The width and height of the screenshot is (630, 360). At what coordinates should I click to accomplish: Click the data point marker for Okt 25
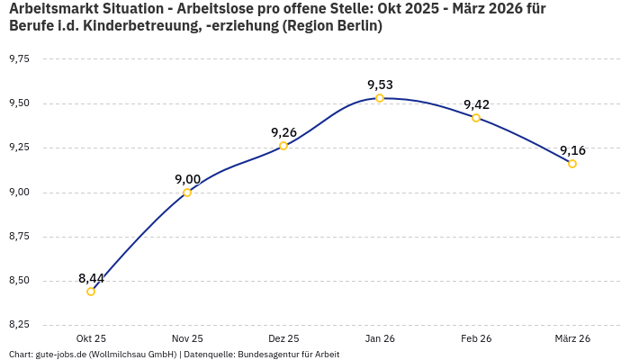[91, 292]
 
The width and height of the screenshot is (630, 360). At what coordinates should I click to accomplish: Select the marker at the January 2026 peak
[380, 98]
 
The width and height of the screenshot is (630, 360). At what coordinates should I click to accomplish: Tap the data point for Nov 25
[187, 193]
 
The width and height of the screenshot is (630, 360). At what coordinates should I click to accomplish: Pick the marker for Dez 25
[283, 146]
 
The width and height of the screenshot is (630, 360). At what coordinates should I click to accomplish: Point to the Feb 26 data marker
[476, 118]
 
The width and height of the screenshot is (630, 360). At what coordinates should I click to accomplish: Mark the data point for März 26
[572, 164]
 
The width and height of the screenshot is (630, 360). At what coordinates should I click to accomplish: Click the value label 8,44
[91, 278]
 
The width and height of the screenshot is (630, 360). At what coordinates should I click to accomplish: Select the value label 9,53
[380, 85]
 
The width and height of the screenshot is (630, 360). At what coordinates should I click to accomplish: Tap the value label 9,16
[572, 150]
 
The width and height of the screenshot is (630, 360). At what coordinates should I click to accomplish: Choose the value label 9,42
[476, 104]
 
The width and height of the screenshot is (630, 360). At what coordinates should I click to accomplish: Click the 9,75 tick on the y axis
[19, 59]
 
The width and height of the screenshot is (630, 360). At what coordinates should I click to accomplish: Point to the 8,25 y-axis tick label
[19, 325]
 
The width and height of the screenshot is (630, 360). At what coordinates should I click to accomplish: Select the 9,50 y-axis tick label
[19, 103]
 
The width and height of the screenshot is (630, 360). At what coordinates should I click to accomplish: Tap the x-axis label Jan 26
[380, 338]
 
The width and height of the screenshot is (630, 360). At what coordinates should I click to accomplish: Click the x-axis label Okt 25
[91, 338]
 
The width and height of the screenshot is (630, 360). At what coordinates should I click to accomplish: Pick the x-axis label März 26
[572, 338]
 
